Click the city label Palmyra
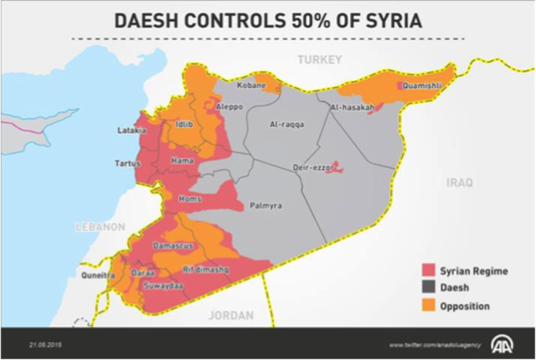265,205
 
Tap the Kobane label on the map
251,85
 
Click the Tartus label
128,164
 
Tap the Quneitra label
97,274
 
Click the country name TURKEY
321,59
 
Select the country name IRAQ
459,182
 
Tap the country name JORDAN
230,316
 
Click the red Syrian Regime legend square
427,270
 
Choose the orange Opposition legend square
427,306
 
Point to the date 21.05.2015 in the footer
44,344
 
